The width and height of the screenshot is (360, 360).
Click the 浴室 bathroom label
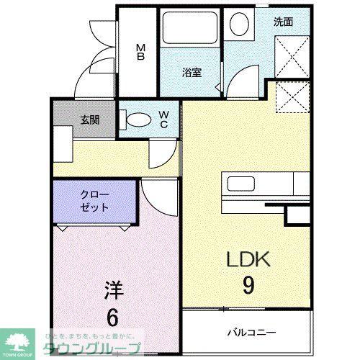(191, 73)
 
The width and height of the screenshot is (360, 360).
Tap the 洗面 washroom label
(283, 22)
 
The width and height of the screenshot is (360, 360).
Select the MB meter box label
(142, 53)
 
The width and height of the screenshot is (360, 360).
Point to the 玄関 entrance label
(90, 120)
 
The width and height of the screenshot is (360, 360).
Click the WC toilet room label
(164, 119)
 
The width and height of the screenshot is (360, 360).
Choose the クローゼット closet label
(94, 201)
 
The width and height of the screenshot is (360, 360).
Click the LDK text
(247, 258)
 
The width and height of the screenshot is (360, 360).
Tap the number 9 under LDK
(247, 286)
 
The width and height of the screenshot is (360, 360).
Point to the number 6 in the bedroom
(114, 317)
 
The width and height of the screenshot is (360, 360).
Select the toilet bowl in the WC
(135, 119)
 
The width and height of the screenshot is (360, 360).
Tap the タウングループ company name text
(94, 351)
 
